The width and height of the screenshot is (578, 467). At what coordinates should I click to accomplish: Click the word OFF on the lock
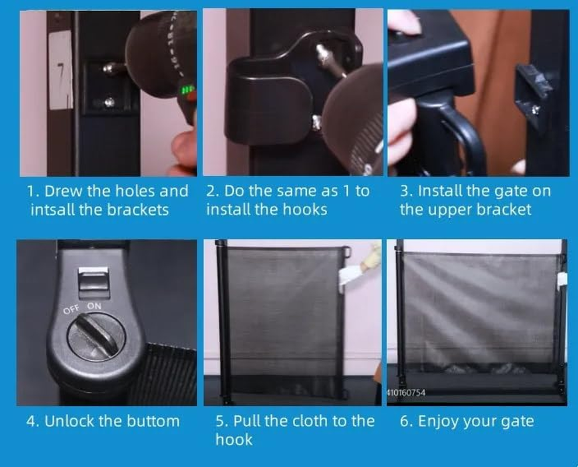(71, 310)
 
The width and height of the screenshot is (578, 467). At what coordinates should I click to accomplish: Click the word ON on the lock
(94, 306)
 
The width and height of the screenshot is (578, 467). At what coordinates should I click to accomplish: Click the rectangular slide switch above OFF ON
(93, 282)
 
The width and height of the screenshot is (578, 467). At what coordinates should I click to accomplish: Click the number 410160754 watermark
(406, 392)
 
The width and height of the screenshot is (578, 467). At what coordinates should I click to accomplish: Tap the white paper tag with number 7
(61, 70)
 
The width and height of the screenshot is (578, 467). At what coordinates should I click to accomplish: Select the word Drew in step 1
(64, 191)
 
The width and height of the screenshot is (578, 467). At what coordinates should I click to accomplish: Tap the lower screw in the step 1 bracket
(109, 102)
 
